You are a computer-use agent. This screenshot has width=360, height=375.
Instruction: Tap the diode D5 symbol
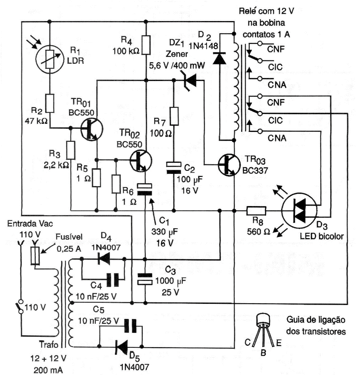click(121, 347)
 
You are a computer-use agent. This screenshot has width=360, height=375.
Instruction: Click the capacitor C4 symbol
click(111, 280)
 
